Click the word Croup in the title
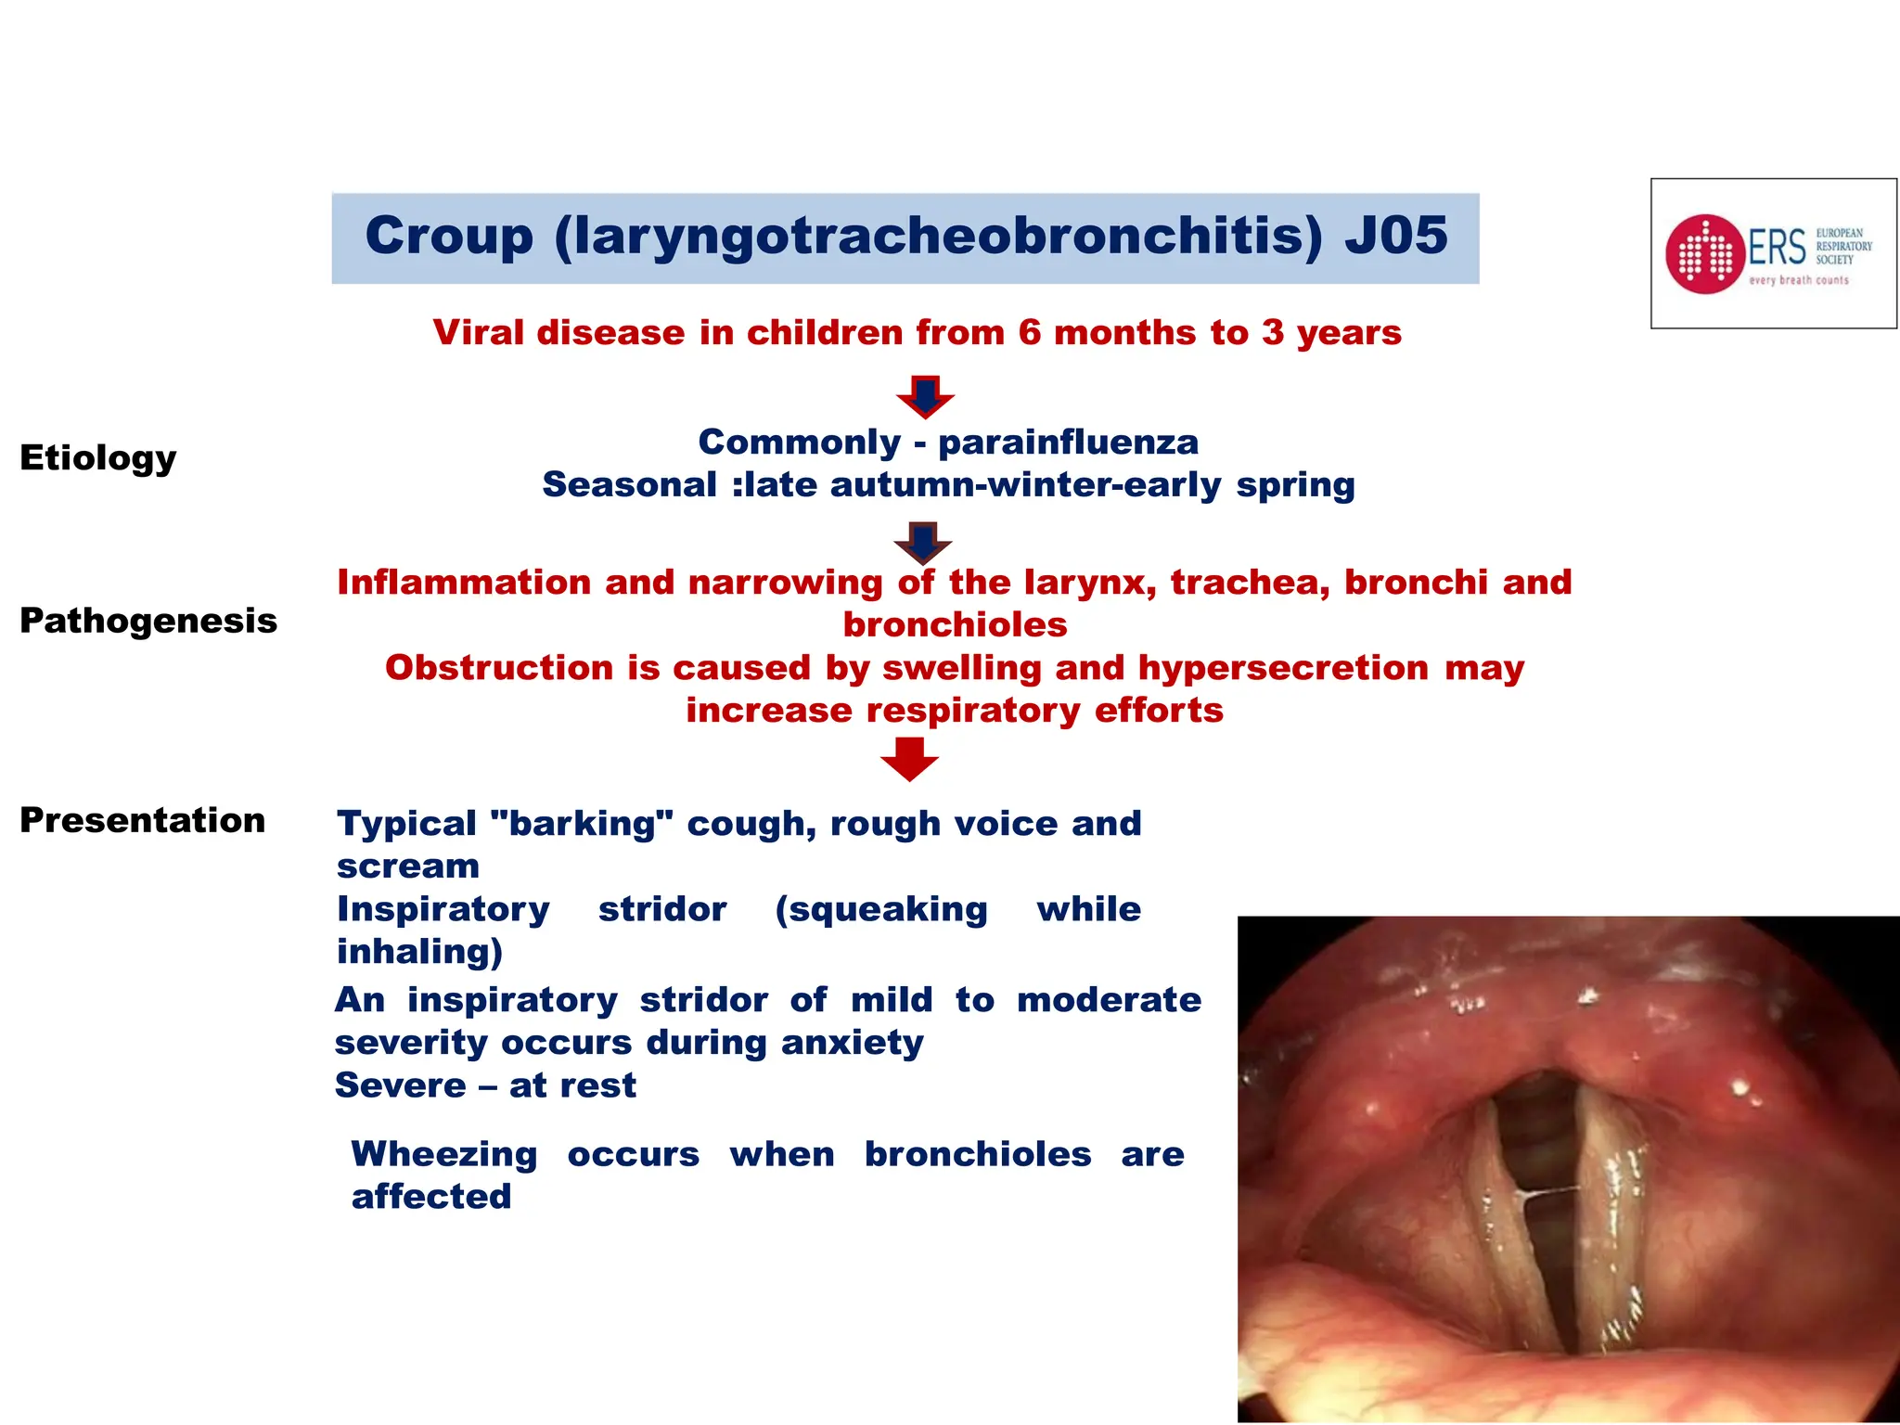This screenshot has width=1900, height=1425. coord(449,236)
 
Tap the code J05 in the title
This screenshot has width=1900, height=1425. coord(1395,236)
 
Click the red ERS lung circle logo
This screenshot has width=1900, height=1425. coord(1704,254)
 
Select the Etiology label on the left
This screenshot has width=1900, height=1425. coord(97,458)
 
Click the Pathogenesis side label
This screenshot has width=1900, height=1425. coord(148,621)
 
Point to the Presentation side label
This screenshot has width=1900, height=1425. coord(143,820)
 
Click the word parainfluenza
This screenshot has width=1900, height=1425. coord(1068,443)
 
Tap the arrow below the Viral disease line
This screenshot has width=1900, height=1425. coord(925,396)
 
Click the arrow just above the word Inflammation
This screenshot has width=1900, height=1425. coord(922,543)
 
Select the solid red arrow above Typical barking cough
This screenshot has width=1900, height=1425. coord(909,759)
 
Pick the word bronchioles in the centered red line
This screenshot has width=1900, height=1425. coord(955,625)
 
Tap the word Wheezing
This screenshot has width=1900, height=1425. coord(443,1154)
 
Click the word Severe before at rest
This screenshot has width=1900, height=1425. coord(400,1085)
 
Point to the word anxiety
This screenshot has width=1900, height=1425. coord(852,1043)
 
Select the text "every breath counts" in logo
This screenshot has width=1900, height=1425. coord(1798,280)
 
